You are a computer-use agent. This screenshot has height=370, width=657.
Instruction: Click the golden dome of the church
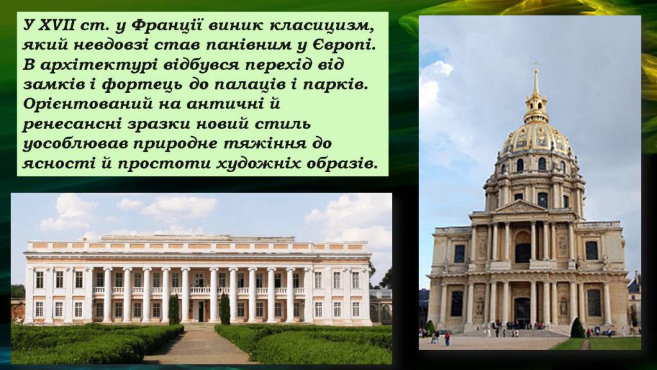tap(535, 138)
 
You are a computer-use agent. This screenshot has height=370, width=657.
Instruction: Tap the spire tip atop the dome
tap(536, 68)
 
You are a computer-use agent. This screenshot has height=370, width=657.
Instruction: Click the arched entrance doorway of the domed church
tap(522, 312)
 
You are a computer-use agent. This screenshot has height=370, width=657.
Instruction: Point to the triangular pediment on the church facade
tap(522, 207)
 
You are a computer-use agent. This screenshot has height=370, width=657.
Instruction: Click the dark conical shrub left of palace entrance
tap(174, 310)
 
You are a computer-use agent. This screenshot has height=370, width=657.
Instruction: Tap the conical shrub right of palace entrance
tap(225, 309)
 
